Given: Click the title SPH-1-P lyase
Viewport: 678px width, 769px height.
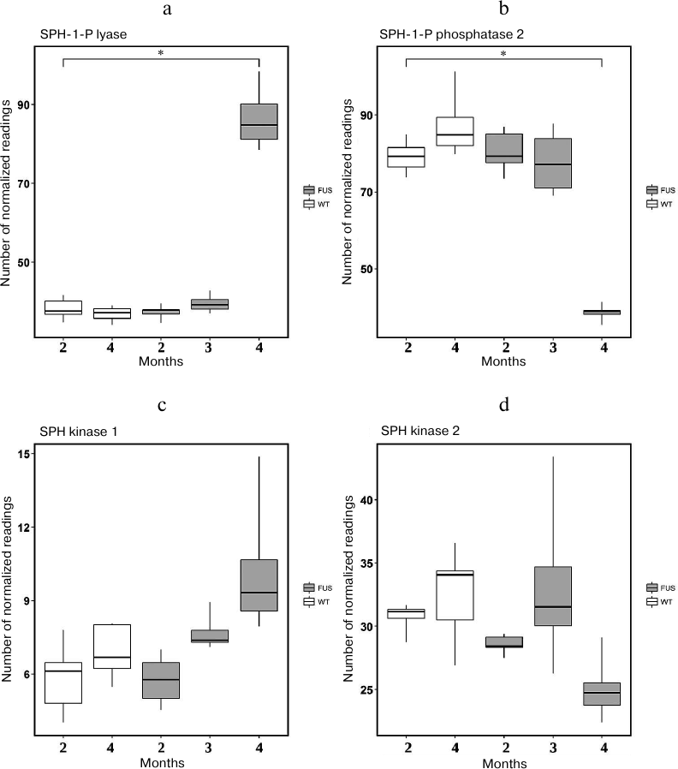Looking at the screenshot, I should pyautogui.click(x=80, y=35).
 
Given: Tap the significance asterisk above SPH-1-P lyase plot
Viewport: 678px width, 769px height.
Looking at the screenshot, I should pyautogui.click(x=161, y=54).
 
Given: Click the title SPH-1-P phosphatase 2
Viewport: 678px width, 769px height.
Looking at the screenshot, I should pyautogui.click(x=438, y=35).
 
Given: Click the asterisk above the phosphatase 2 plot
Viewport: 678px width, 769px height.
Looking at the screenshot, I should pyautogui.click(x=503, y=54).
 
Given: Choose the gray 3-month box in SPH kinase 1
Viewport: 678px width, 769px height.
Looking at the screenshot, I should pyautogui.click(x=210, y=635).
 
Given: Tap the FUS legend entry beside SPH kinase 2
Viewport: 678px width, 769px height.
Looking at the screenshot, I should pyautogui.click(x=660, y=587).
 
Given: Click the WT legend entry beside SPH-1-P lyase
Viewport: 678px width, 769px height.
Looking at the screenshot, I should pyautogui.click(x=317, y=204).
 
